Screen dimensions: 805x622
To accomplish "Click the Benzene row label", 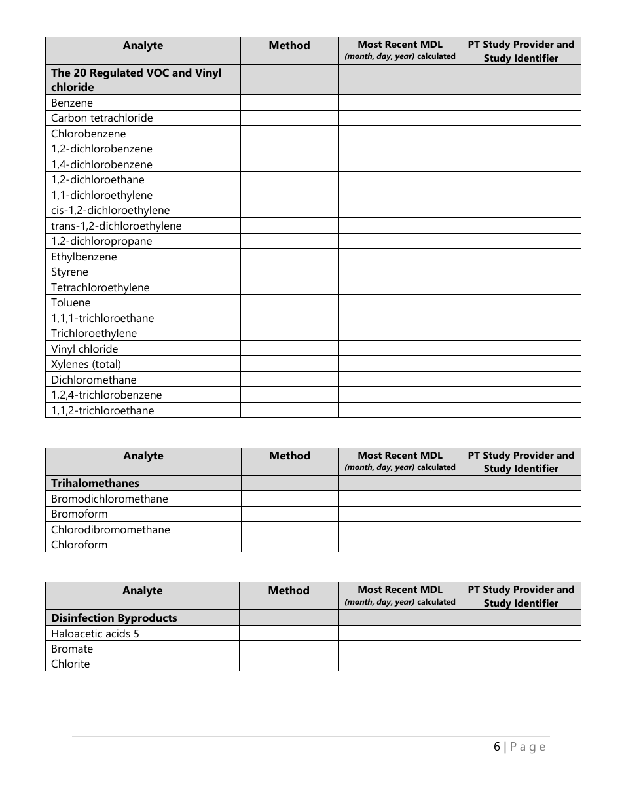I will point(72,103).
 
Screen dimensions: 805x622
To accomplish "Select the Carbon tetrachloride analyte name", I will point(101,118).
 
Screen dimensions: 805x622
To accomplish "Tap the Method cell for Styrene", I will point(289,272).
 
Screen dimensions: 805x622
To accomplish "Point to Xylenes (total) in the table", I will point(86,364).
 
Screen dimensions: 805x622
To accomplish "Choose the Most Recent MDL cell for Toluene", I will point(399,302).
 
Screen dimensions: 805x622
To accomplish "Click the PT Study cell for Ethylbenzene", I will point(521,257).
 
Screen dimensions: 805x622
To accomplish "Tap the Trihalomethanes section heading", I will point(95,483).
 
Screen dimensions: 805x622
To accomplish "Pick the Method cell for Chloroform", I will point(289,545).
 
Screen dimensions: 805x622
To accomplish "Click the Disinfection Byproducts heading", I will point(114,618).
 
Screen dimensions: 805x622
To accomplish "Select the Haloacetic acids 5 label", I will point(95,634).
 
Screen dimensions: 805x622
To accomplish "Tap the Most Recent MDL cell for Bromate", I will point(399,649).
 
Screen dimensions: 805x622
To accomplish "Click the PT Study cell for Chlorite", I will point(521,664).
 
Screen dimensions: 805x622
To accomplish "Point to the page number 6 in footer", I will point(497,747).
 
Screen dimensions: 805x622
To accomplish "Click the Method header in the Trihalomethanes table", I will point(289,456).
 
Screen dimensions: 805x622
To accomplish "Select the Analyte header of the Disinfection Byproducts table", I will point(142,590).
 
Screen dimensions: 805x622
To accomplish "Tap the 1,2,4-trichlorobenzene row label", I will point(106,395).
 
